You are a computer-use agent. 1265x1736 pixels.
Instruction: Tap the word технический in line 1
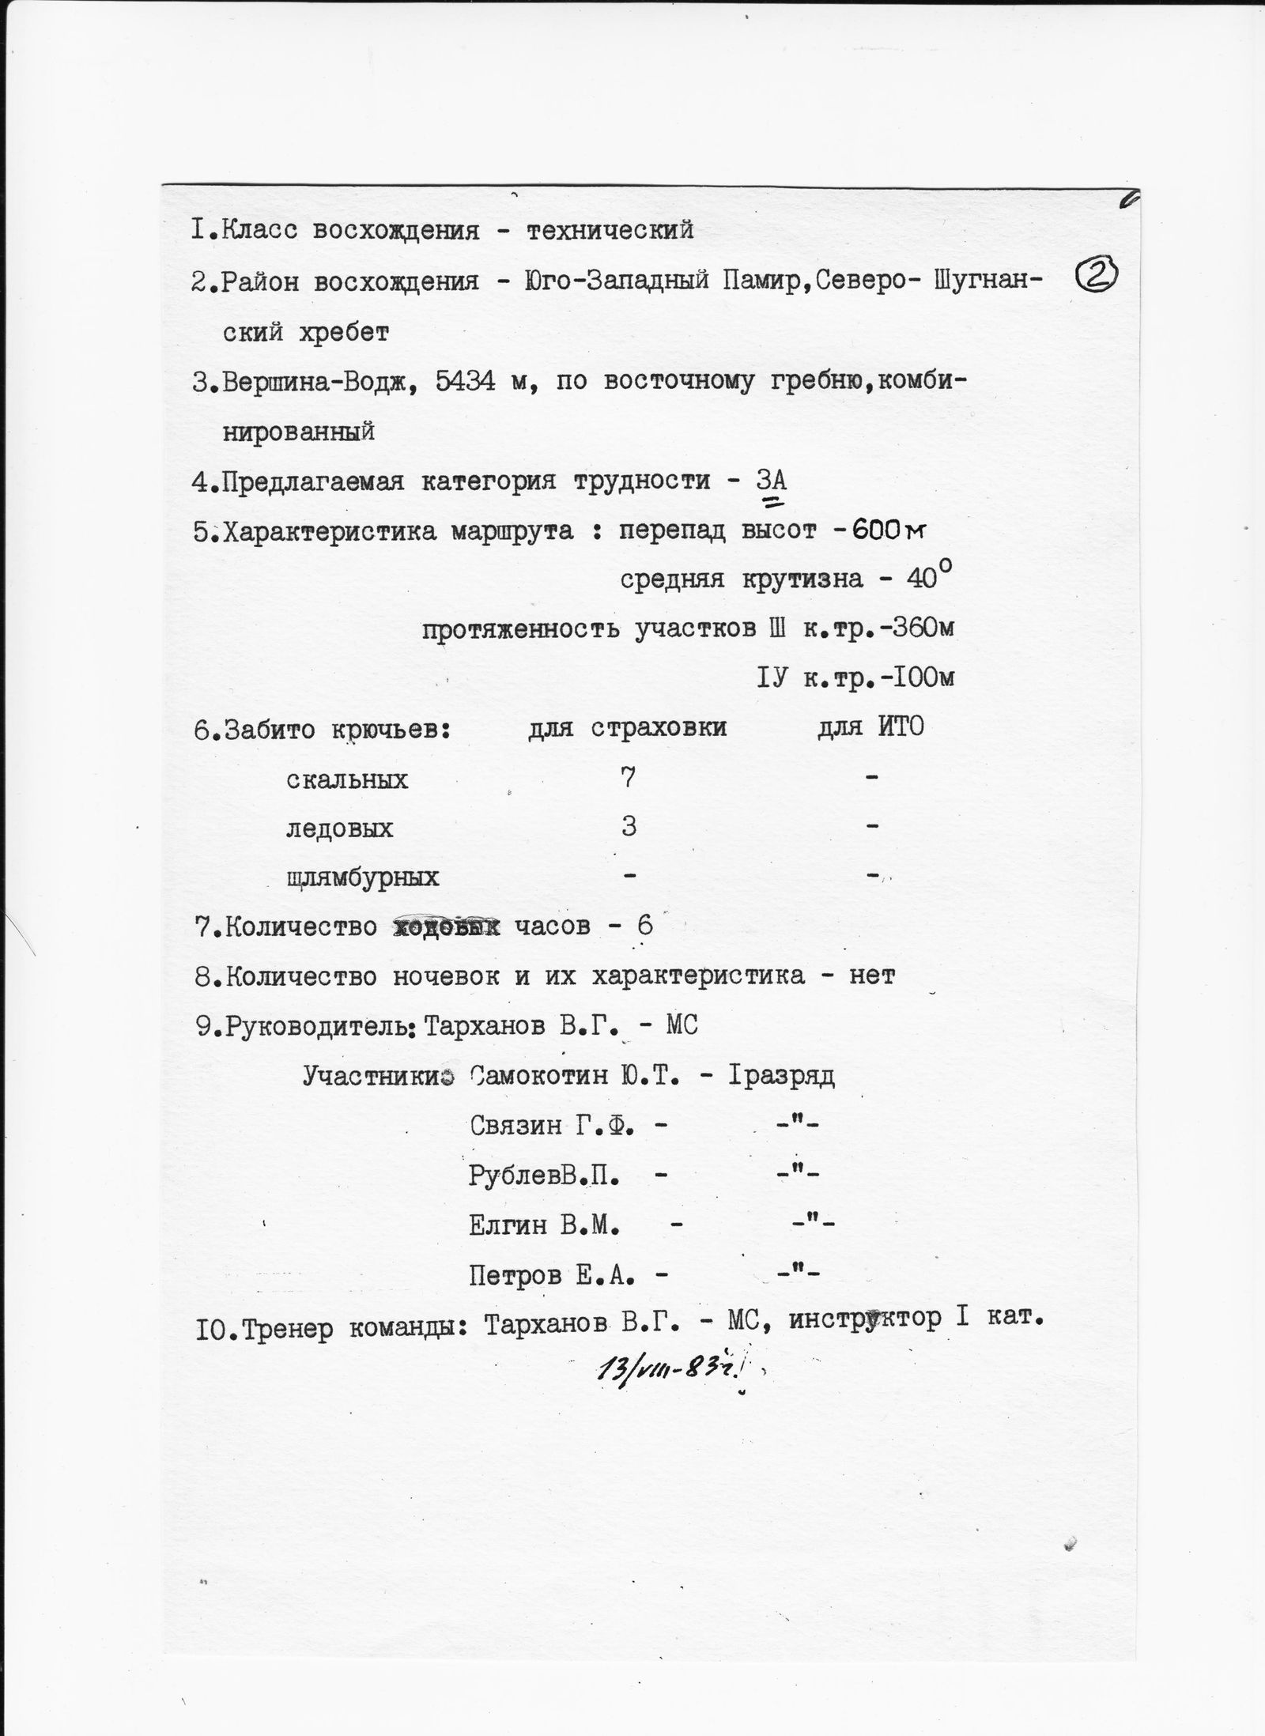tap(610, 230)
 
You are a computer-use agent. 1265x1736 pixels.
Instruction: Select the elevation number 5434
tap(455, 382)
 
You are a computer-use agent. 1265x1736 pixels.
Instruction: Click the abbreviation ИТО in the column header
tap(900, 727)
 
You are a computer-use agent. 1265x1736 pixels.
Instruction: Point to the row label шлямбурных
tap(363, 877)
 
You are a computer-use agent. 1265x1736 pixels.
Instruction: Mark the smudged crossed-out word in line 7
tap(447, 926)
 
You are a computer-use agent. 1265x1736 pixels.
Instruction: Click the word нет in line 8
tap(871, 976)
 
